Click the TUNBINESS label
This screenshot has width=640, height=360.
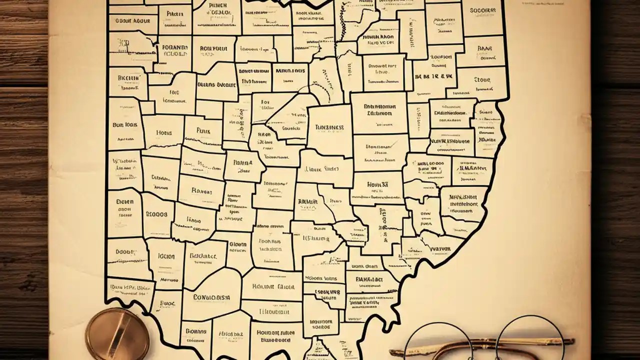coord(329,127)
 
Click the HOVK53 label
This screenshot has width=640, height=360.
coord(378,184)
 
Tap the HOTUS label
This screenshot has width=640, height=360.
coord(163,133)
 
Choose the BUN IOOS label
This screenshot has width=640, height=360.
coord(124,125)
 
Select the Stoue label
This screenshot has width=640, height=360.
coord(482,79)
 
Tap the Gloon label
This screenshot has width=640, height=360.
coord(237,244)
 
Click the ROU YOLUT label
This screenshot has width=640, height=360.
coord(213,49)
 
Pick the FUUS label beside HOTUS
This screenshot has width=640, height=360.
coord(203,131)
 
